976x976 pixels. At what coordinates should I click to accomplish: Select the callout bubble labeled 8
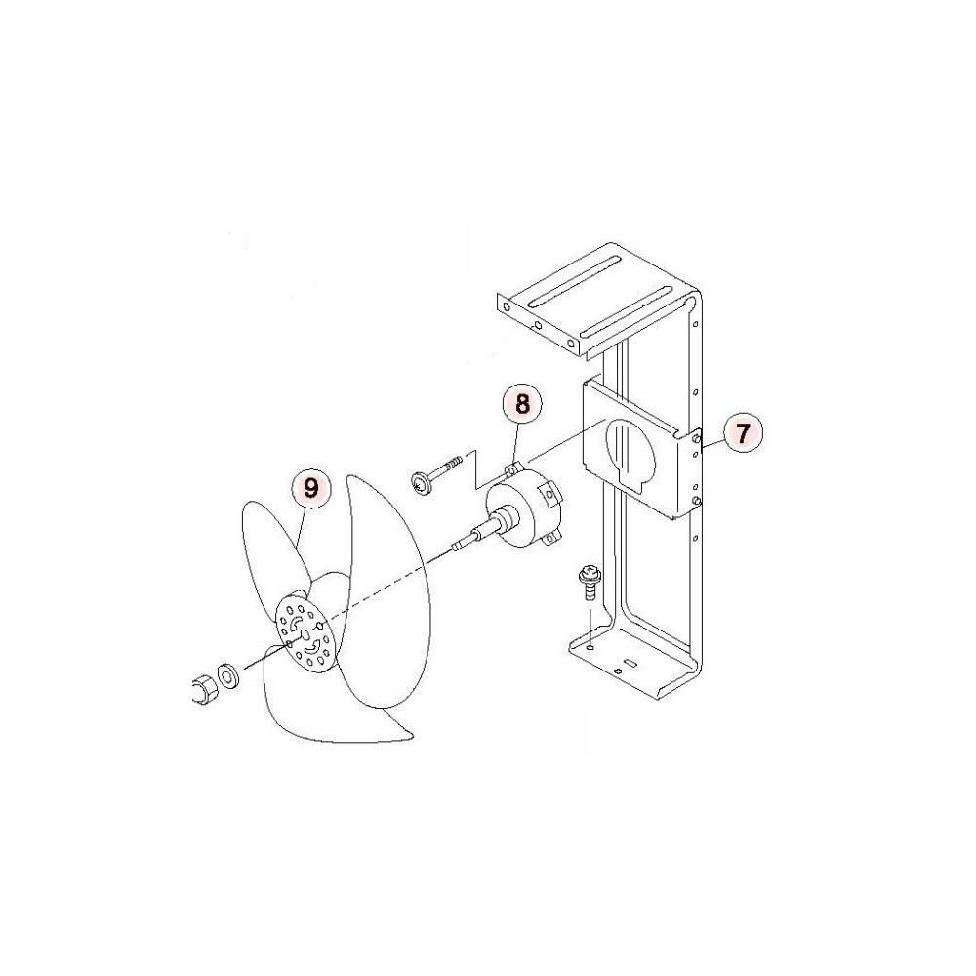pyautogui.click(x=522, y=405)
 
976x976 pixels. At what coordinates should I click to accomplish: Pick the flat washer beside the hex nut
pyautogui.click(x=227, y=676)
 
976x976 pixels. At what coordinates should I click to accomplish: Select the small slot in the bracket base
pyautogui.click(x=630, y=664)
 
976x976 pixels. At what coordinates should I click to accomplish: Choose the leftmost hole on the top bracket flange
pyautogui.click(x=507, y=307)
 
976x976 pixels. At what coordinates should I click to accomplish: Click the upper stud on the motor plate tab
pyautogui.click(x=697, y=439)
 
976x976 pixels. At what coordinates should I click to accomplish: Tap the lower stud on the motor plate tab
pyautogui.click(x=697, y=501)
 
